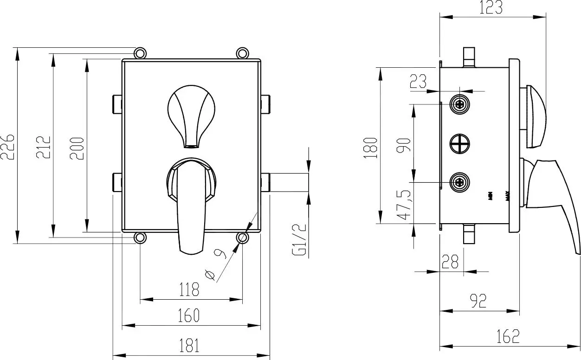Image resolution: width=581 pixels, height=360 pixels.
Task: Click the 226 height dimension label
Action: [x=8, y=146]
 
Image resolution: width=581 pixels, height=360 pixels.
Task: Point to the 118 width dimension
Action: [x=189, y=290]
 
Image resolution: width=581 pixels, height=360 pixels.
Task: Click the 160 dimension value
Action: [x=189, y=315]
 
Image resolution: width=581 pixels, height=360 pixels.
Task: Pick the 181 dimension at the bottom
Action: [x=189, y=346]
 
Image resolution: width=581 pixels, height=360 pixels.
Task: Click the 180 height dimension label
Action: [x=371, y=147]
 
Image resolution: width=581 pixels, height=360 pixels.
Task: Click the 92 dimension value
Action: [x=478, y=301]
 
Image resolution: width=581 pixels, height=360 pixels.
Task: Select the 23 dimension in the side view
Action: [x=418, y=82]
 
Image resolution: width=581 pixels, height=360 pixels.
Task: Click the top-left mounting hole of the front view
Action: [x=140, y=53]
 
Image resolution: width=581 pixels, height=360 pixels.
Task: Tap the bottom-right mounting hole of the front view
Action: [x=242, y=238]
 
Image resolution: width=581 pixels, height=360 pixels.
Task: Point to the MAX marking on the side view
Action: [x=508, y=196]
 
